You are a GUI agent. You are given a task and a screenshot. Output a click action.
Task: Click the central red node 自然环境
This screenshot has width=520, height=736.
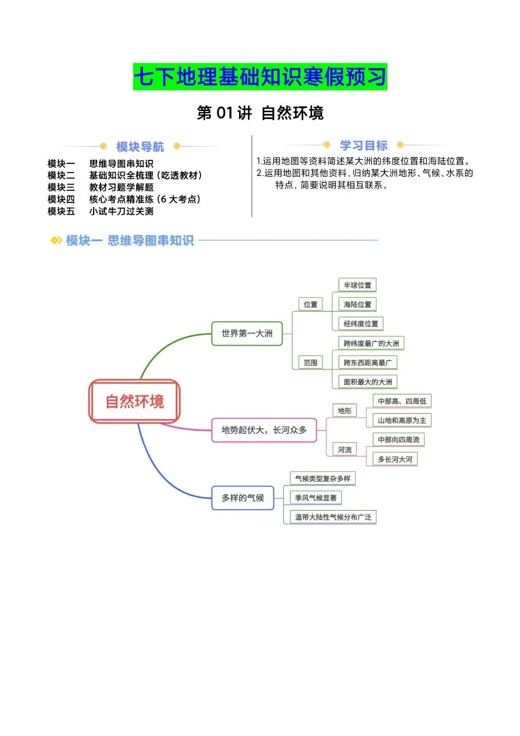click(x=134, y=401)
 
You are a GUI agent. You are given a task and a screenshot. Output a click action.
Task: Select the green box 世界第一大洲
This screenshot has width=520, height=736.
click(x=247, y=333)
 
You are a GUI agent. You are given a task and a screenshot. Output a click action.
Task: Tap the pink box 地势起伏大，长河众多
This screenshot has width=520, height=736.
click(x=264, y=430)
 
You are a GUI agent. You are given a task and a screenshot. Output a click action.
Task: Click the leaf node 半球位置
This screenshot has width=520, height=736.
click(x=357, y=285)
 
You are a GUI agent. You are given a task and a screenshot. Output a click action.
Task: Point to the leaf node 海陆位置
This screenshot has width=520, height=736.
click(x=357, y=304)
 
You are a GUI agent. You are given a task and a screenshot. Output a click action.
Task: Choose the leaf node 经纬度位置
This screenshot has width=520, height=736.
click(x=361, y=324)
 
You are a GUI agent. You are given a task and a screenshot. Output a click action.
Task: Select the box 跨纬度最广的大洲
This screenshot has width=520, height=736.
click(x=371, y=344)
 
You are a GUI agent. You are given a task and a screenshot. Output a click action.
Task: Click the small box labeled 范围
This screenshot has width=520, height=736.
click(x=310, y=362)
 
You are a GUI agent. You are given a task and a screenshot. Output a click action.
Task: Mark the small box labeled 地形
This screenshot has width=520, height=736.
click(x=344, y=411)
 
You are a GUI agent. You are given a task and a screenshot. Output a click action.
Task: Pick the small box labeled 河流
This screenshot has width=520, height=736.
click(x=344, y=450)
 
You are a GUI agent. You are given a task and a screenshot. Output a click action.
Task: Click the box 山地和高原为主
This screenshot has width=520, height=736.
click(x=402, y=420)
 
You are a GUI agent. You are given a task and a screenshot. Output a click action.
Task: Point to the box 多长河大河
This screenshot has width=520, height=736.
click(x=395, y=459)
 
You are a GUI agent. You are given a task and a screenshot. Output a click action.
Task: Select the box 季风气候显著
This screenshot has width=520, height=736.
click(x=316, y=498)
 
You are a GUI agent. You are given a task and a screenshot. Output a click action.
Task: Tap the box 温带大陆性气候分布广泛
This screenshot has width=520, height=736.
click(x=333, y=517)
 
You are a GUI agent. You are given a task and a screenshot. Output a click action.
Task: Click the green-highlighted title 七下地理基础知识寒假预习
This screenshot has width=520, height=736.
click(x=260, y=77)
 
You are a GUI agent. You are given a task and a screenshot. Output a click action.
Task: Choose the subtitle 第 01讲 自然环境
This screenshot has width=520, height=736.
click(x=260, y=113)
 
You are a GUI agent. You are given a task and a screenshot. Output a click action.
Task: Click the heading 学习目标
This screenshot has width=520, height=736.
click(x=363, y=145)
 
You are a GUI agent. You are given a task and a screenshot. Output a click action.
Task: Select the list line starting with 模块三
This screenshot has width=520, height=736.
click(x=101, y=187)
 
